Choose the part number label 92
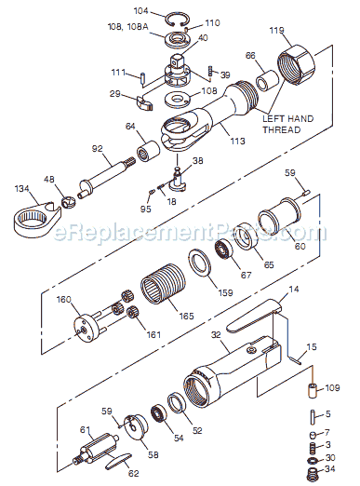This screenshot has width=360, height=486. click(97, 146)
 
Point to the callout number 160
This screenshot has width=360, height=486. click(63, 299)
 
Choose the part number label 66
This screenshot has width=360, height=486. click(249, 57)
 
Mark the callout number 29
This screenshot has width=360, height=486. click(115, 93)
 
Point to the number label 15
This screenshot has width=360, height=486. click(312, 346)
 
